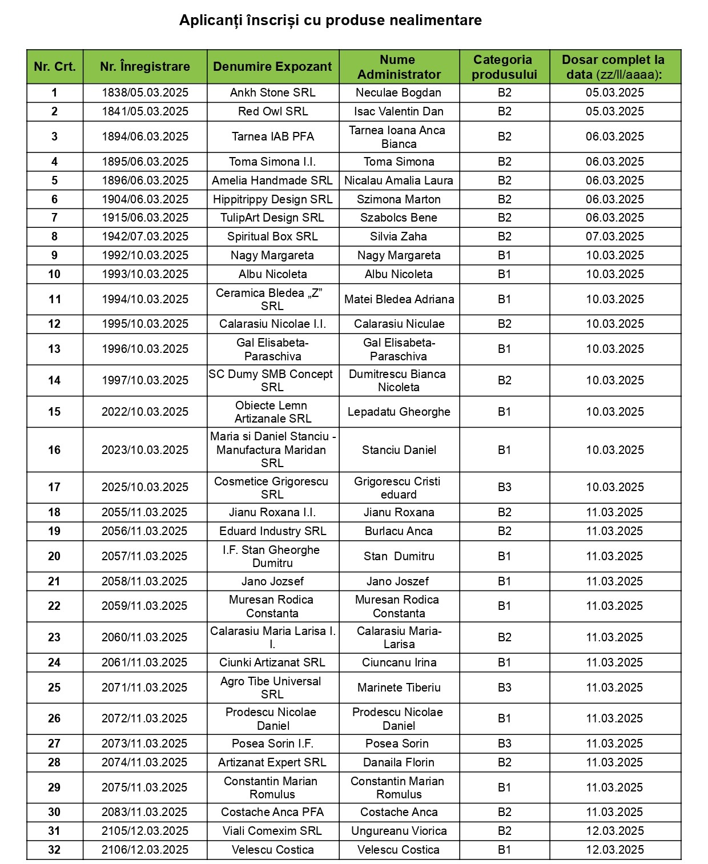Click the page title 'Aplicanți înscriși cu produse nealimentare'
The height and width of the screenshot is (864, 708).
tap(330, 21)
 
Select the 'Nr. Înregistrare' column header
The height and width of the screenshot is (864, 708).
tap(145, 67)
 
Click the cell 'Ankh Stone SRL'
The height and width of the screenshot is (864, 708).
tap(272, 93)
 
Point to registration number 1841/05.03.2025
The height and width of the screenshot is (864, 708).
tap(145, 111)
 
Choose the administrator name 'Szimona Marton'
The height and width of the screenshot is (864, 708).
tap(399, 199)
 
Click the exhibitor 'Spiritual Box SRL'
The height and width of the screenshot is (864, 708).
tap(272, 236)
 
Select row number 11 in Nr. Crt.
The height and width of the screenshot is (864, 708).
tap(54, 299)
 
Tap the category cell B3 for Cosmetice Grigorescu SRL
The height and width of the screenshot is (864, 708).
tap(504, 487)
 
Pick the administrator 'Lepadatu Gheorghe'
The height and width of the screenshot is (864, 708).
tap(399, 412)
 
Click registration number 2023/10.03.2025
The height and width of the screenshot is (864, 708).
tap(145, 450)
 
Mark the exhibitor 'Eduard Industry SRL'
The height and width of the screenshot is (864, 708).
tap(272, 531)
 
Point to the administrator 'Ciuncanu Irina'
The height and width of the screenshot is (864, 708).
tap(399, 662)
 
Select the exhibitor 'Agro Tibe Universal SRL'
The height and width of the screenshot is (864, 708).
tap(272, 688)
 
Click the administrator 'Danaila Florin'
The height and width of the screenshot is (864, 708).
tap(399, 762)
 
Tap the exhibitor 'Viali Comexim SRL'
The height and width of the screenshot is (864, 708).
tap(272, 831)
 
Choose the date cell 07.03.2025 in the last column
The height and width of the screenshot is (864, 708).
tap(614, 236)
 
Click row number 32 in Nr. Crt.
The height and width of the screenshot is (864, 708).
tap(54, 850)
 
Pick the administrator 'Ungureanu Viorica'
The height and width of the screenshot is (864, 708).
tap(399, 831)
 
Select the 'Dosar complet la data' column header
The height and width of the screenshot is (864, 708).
tap(614, 67)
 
